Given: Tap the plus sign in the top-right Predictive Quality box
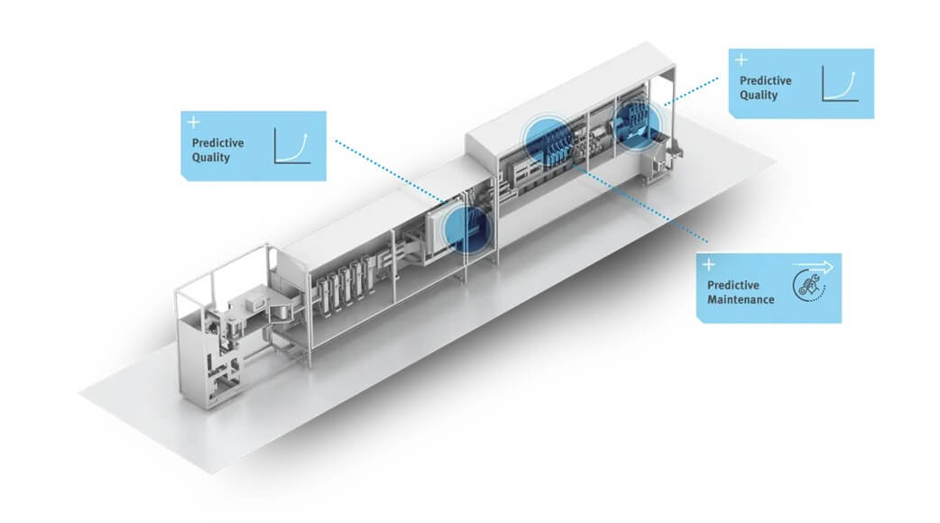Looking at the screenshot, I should pyautogui.click(x=742, y=60).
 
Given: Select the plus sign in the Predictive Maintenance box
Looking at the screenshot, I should pyautogui.click(x=709, y=264).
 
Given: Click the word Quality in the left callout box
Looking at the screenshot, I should pyautogui.click(x=211, y=158).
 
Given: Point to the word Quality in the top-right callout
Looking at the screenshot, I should pyautogui.click(x=759, y=96).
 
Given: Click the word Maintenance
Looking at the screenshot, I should pyautogui.click(x=735, y=299).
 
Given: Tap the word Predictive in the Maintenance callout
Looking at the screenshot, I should pyautogui.click(x=728, y=285).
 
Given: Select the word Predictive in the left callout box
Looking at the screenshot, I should pyautogui.click(x=217, y=143).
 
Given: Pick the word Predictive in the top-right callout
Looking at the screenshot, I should pyautogui.click(x=765, y=81).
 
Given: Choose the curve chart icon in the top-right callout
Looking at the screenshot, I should pyautogui.click(x=838, y=83).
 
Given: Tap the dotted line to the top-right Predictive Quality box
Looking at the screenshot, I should pyautogui.click(x=690, y=90).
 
